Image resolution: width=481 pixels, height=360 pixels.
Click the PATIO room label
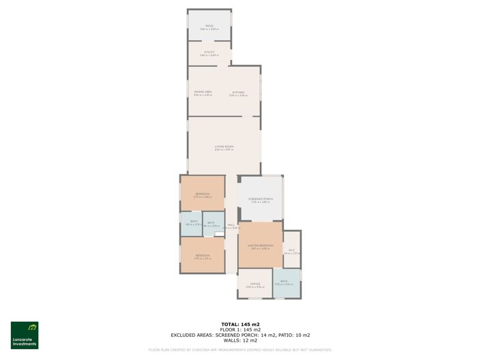tap(209, 26)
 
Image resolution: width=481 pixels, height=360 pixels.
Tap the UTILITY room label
tap(209, 52)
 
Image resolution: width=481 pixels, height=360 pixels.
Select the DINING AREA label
tap(203, 92)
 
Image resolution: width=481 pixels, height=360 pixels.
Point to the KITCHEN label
tap(237, 93)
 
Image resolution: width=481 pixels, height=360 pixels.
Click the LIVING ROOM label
tap(224, 147)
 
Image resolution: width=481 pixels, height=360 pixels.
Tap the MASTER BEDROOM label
tap(260, 245)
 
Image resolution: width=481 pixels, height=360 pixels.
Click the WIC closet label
tap(291, 250)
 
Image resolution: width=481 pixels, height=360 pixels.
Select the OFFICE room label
tap(254, 284)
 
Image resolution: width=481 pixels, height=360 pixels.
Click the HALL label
tap(231, 226)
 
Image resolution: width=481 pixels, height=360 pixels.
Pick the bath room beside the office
tap(286, 282)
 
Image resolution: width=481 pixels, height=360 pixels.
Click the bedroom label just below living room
tap(202, 194)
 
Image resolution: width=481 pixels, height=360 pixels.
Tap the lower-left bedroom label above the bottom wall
tap(202, 256)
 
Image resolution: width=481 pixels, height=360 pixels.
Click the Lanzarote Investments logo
tap(25, 335)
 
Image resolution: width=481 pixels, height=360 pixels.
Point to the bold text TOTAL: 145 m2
tap(240, 324)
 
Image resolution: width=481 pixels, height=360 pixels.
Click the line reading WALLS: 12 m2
tap(240, 340)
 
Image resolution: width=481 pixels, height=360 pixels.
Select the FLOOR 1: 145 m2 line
tap(240, 329)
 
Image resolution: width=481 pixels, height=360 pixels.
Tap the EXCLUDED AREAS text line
tap(240, 335)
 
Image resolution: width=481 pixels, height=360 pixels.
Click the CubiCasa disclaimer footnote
tap(240, 350)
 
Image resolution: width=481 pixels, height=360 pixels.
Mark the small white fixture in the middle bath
tap(218, 235)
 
